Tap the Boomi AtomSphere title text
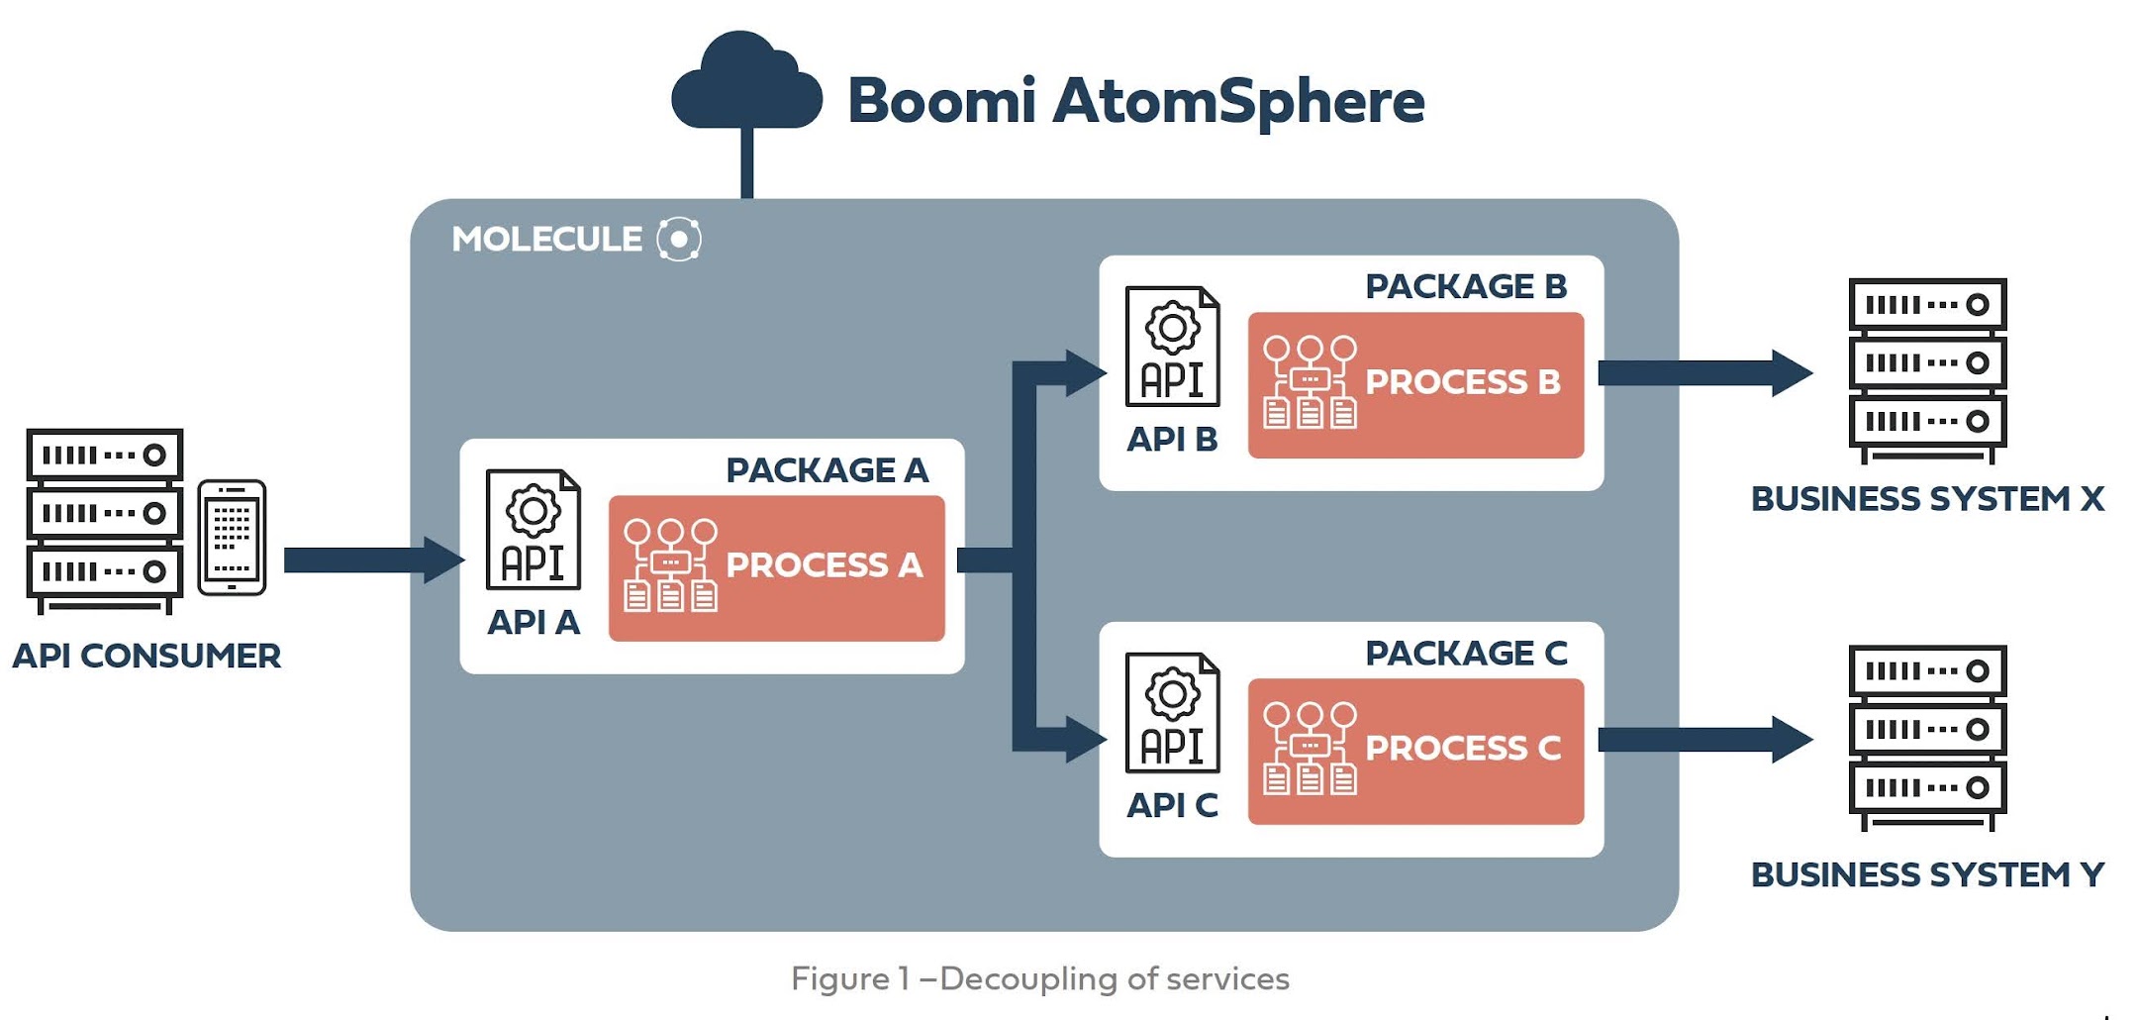pos(1135,101)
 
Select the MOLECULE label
pos(546,239)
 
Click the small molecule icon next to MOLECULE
pos(679,239)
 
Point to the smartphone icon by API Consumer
pos(232,538)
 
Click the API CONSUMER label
pos(146,656)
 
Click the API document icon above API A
pos(533,529)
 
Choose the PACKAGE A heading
pos(826,469)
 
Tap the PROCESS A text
pos(824,564)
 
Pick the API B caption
pos(1172,439)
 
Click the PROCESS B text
pos(1462,381)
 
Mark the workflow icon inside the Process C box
pos(1310,749)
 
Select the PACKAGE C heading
pos(1466,653)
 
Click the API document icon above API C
pos(1172,712)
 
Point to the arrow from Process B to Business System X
pos(1702,373)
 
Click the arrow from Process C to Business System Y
pos(1702,740)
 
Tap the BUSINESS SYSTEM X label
pos(1927,498)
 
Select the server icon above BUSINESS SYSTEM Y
pos(1927,738)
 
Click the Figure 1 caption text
pos(1039,978)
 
